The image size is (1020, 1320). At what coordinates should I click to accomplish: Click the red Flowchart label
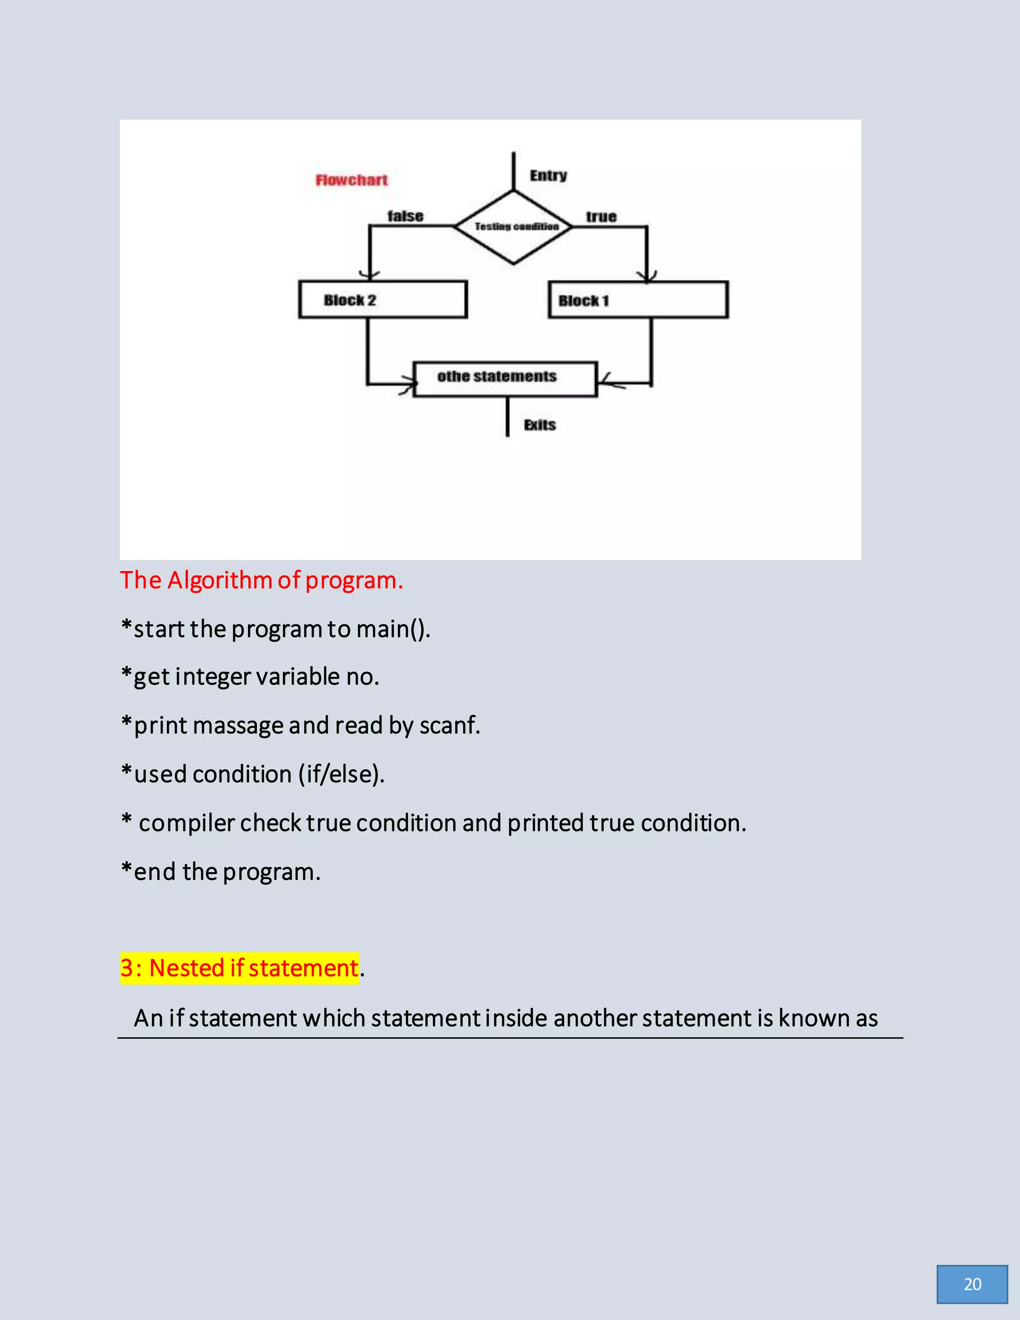click(x=352, y=180)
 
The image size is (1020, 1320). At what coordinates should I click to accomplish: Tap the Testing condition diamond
click(x=514, y=227)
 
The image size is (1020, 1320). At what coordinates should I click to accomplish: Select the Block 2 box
click(x=382, y=299)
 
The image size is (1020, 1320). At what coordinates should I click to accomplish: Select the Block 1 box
click(x=638, y=300)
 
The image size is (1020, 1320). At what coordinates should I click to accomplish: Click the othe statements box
click(x=505, y=379)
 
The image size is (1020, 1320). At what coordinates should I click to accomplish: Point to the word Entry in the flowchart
click(x=548, y=176)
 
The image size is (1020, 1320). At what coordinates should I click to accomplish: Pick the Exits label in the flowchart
click(x=539, y=425)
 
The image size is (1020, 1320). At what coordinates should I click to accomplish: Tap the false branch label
click(x=405, y=216)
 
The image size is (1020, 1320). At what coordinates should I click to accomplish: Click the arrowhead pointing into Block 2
click(x=369, y=275)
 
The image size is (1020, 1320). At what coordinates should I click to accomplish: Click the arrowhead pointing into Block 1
click(x=647, y=276)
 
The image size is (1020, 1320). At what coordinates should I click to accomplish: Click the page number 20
click(x=972, y=1284)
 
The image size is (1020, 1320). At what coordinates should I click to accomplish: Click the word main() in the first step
click(x=393, y=630)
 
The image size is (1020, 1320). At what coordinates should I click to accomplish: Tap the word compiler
click(x=186, y=824)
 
